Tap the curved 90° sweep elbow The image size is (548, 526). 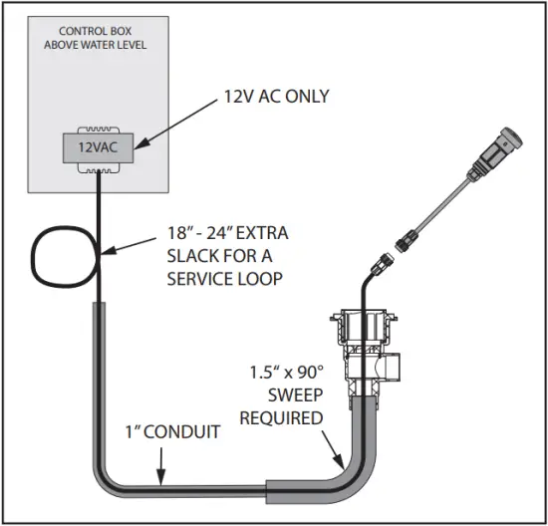pyautogui.click(x=354, y=463)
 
